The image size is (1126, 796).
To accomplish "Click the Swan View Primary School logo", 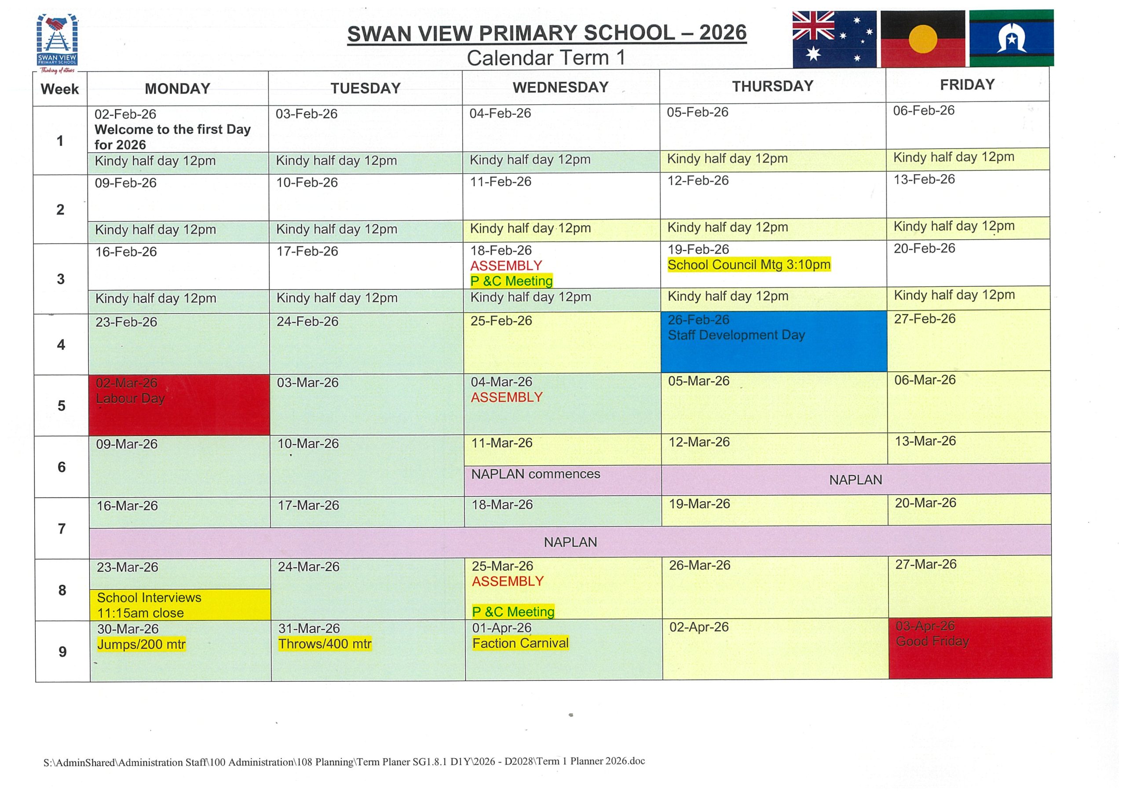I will pos(57,42).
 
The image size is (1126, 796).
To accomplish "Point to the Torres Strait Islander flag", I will pos(1011,38).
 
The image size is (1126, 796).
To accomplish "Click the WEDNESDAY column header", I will pos(560,88).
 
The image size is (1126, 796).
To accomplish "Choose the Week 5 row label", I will pos(61,405).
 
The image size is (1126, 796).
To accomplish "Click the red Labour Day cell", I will pos(179,405).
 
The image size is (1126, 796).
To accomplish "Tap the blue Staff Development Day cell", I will pos(773,341).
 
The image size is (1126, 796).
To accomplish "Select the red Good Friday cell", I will pos(970,648).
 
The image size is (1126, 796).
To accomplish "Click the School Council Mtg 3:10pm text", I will pos(749,265).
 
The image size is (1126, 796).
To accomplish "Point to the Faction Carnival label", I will pos(520,643).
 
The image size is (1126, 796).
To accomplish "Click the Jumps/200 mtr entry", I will pos(141,644).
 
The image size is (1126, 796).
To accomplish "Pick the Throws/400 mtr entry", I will pos(325,643).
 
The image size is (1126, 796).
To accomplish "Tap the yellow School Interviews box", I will pos(180,605).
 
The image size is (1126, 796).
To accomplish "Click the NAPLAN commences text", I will pos(536,474).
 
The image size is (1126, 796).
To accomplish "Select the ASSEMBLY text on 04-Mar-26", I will pos(507,397).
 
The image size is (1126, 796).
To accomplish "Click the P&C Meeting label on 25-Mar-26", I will pos(513,612).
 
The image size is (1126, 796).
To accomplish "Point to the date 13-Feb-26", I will pos(924,179).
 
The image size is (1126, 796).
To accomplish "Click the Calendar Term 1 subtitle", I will pos(546,58).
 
